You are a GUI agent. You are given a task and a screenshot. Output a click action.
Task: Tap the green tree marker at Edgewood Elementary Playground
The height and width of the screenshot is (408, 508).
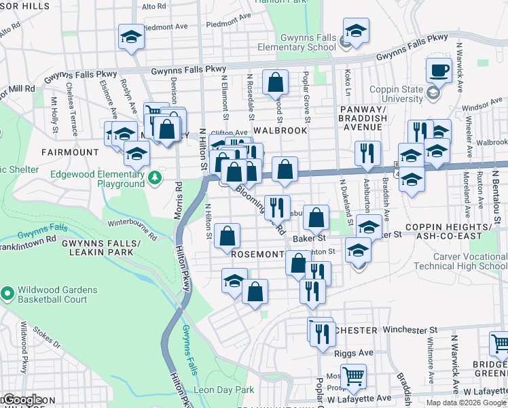156,178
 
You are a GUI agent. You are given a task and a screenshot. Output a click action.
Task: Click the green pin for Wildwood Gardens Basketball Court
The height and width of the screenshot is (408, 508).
7,294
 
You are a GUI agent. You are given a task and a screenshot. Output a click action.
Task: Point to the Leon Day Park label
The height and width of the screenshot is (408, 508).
223,390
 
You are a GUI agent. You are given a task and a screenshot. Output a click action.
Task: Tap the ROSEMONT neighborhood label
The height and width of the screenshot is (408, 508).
257,254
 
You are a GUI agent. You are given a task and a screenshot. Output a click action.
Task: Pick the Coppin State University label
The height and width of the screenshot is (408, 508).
396,94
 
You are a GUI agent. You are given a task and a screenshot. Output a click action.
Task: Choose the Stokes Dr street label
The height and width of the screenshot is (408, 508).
62,335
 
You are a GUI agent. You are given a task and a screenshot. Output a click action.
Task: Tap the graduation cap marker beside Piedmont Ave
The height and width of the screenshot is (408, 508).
131,37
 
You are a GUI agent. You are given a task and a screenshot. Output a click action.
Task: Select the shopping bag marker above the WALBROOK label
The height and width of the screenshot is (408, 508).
275,84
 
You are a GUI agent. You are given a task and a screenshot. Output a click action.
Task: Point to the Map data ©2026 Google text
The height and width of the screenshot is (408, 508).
466,403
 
